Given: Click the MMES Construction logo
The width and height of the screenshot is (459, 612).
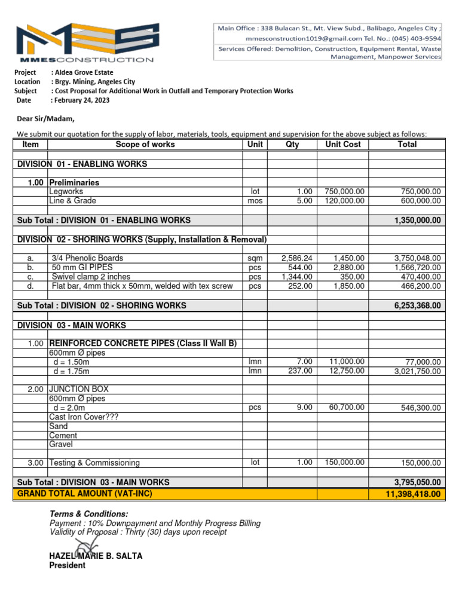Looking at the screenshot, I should point(84,43).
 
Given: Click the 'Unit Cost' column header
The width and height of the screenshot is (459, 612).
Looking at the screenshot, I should point(342,145).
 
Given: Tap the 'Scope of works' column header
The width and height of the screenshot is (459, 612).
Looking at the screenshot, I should point(145,145).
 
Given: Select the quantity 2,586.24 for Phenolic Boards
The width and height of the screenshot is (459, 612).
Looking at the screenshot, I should point(296,258).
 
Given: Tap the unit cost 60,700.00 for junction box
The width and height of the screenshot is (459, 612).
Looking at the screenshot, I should point(347,408).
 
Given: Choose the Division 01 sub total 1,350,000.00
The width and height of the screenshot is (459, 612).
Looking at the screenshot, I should point(417,221).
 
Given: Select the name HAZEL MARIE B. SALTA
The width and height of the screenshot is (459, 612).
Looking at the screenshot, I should point(96,556).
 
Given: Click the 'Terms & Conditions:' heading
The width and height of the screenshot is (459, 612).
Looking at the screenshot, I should point(88,514).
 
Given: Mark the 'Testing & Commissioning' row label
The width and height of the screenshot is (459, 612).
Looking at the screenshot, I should point(94,463).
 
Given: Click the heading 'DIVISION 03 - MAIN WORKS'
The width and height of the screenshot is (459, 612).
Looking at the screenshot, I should point(72,325).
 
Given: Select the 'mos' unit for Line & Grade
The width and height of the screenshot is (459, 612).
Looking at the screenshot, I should point(255,201).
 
